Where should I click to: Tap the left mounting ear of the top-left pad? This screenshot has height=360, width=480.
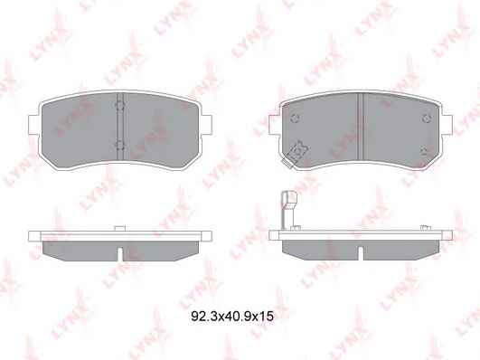(x=33, y=125)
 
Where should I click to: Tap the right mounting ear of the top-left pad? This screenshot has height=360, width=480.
(x=206, y=125)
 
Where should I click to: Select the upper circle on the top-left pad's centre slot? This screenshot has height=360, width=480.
(x=119, y=106)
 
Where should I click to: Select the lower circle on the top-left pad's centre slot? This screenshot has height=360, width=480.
(x=119, y=145)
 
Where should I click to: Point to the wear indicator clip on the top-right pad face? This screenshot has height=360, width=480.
(x=296, y=154)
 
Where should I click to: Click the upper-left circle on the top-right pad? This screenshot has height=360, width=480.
(x=295, y=118)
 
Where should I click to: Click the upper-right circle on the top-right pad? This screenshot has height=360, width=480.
(x=427, y=118)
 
